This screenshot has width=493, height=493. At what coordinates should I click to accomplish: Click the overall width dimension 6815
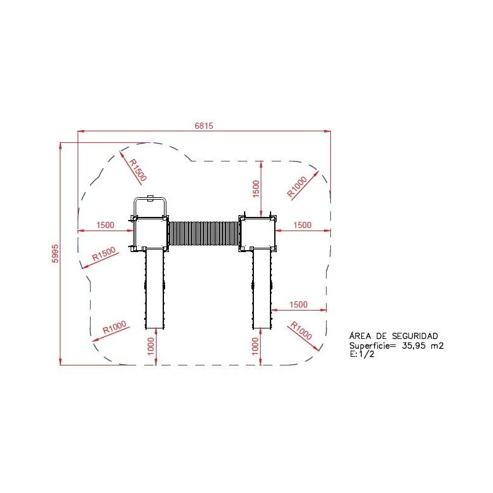tap(204, 126)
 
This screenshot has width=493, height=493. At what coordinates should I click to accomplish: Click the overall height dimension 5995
tap(55, 253)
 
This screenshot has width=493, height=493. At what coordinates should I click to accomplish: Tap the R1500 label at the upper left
tap(138, 170)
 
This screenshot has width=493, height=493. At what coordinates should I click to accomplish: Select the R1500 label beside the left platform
tap(104, 254)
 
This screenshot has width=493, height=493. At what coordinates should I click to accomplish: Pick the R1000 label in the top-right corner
tap(297, 187)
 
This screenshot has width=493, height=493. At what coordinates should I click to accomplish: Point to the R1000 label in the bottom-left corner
tap(115, 327)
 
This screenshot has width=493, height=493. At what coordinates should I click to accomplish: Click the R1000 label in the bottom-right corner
tap(301, 330)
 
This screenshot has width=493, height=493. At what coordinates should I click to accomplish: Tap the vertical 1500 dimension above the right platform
tap(256, 189)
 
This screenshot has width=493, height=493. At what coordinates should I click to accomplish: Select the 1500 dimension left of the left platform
tap(105, 225)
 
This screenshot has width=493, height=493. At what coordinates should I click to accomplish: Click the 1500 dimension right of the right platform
tap(302, 225)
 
